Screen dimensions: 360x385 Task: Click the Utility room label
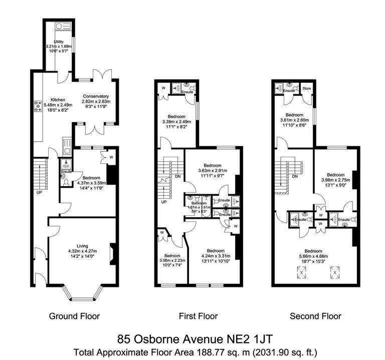[59, 42]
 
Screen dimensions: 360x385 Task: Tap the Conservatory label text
[96, 96]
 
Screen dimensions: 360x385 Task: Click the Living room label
[82, 245]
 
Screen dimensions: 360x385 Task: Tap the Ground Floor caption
[74, 316]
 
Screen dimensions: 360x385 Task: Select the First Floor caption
[199, 316]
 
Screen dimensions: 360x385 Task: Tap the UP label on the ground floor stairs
[39, 192]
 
